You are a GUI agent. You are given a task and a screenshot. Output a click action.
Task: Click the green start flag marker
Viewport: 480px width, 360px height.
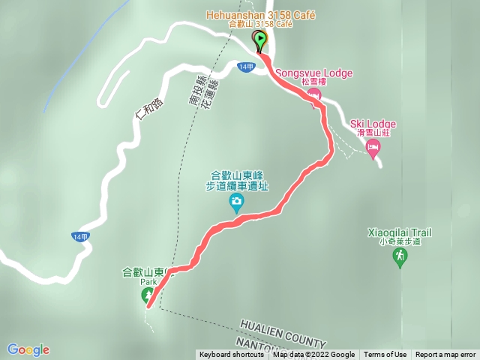pyautogui.click(x=259, y=40)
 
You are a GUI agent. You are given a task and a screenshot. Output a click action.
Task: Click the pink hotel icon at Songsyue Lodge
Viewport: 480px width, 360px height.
pyautogui.click(x=313, y=95)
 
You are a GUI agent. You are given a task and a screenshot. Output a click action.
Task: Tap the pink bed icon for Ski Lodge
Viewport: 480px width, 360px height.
pyautogui.click(x=373, y=147)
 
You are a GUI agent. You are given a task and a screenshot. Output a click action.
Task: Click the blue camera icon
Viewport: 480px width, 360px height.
pyautogui.click(x=236, y=200)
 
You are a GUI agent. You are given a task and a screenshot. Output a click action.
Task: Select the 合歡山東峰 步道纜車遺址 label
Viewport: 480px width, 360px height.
pyautogui.click(x=236, y=180)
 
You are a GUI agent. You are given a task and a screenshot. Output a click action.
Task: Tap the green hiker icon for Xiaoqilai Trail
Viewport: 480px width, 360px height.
pyautogui.click(x=400, y=257)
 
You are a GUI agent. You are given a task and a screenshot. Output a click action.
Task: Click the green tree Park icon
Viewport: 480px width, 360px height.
pyautogui.click(x=147, y=295)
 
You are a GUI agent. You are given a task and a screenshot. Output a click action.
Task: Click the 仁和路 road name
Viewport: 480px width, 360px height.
pyautogui.click(x=147, y=110)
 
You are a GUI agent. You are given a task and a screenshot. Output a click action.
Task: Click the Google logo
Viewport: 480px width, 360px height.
pyautogui.click(x=28, y=349)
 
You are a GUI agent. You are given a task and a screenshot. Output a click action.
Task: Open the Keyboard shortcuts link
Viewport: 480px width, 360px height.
pyautogui.click(x=231, y=355)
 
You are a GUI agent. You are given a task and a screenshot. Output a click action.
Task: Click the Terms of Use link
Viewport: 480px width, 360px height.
pyautogui.click(x=385, y=355)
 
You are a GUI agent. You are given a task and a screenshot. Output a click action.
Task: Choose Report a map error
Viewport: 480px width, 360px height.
pyautogui.click(x=445, y=355)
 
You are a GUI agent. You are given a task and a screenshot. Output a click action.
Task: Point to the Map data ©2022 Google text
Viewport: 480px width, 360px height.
pyautogui.click(x=313, y=355)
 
